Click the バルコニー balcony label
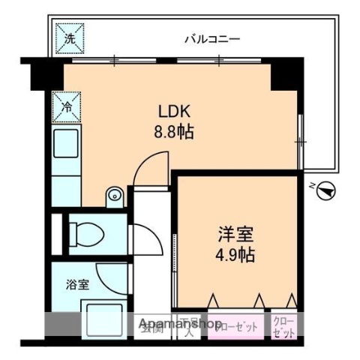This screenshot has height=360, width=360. pyautogui.click(x=213, y=38)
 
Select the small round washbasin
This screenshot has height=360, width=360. pyautogui.click(x=115, y=195)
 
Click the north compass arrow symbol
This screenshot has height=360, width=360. pyautogui.click(x=326, y=191)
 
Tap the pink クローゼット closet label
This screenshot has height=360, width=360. pyautogui.click(x=238, y=327)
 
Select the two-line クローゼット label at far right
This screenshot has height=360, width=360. pyautogui.click(x=285, y=325)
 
